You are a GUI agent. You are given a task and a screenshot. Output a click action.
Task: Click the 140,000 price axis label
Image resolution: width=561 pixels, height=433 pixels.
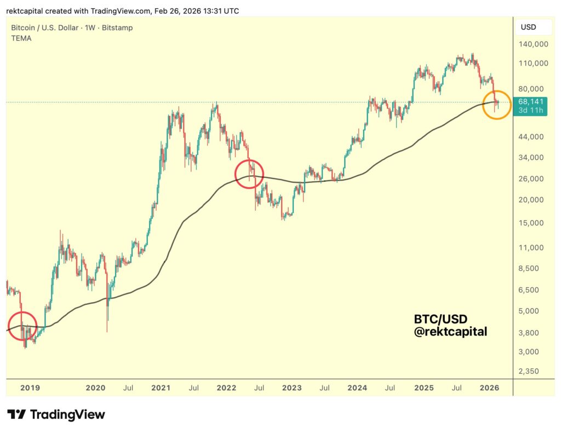click(533, 44)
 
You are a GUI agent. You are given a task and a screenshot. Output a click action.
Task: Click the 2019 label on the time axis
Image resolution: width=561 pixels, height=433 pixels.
click(30, 388)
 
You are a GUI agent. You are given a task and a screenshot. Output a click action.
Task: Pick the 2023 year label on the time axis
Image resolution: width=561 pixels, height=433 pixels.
click(291, 388)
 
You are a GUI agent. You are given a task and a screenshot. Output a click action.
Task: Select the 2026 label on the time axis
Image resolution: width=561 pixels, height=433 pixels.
click(489, 388)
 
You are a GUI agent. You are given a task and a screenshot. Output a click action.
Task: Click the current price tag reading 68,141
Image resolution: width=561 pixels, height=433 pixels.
click(530, 101)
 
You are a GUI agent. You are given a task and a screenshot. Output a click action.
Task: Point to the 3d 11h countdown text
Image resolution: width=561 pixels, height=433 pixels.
click(530, 111)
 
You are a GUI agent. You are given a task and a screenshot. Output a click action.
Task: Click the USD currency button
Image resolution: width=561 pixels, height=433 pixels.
click(528, 27)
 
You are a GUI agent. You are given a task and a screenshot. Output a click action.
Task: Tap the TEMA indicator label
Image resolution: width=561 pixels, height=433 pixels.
click(21, 38)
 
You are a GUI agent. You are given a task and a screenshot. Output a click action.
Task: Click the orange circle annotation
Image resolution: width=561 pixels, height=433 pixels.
click(496, 105)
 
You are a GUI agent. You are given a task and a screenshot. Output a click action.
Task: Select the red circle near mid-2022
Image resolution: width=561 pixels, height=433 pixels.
click(249, 174)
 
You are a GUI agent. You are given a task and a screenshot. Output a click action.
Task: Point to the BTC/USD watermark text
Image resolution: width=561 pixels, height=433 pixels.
click(440, 319)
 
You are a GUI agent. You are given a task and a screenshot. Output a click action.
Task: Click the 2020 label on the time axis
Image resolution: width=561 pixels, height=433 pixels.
click(95, 388)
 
